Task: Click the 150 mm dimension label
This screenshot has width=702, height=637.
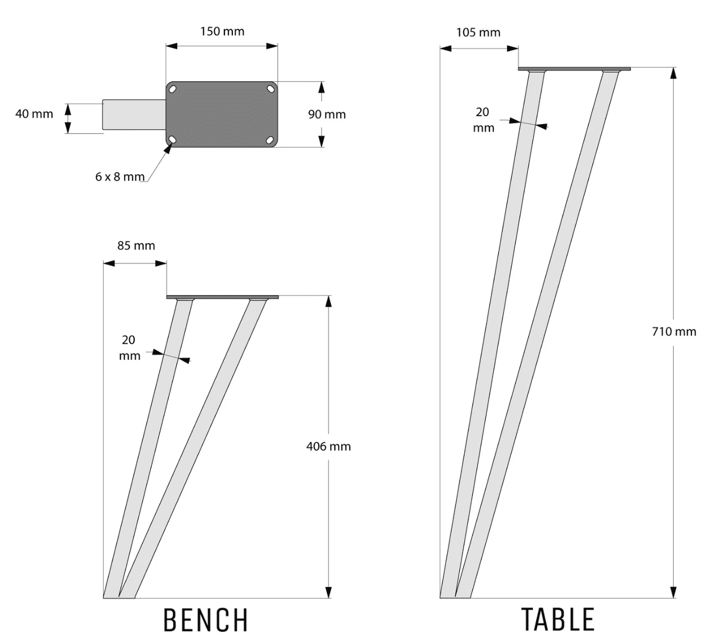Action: pyautogui.click(x=222, y=31)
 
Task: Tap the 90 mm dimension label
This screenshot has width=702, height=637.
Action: pyautogui.click(x=326, y=114)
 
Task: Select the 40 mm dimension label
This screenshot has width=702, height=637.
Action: pyautogui.click(x=34, y=113)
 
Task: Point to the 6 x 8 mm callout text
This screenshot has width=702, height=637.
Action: pyautogui.click(x=120, y=176)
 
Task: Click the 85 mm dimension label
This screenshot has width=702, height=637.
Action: pyautogui.click(x=136, y=245)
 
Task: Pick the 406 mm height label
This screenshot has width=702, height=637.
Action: pyautogui.click(x=328, y=446)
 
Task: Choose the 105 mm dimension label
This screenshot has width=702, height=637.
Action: pyautogui.click(x=478, y=32)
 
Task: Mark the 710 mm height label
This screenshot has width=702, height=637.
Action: pyautogui.click(x=674, y=331)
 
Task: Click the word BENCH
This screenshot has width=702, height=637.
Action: pyautogui.click(x=206, y=620)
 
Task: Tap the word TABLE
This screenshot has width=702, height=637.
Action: pyautogui.click(x=558, y=619)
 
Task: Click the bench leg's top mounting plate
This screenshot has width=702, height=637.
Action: pyautogui.click(x=222, y=296)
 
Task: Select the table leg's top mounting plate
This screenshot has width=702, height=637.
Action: pyautogui.click(x=574, y=68)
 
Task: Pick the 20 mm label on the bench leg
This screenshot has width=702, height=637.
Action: pyautogui.click(x=129, y=348)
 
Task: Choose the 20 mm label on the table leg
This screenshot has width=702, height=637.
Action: pyautogui.click(x=483, y=119)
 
